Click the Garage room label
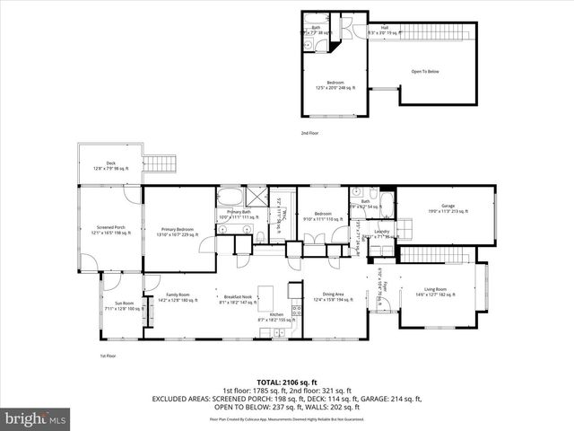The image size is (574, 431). tap(446, 210)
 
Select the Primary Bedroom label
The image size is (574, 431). tap(179, 231)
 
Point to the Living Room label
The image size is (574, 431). tap(434, 294)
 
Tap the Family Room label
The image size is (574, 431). tap(178, 297)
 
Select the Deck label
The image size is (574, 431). tap(110, 166)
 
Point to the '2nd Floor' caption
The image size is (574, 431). tap(309, 133)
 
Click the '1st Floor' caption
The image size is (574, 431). tap(107, 356)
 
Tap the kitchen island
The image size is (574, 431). tap(266, 295)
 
